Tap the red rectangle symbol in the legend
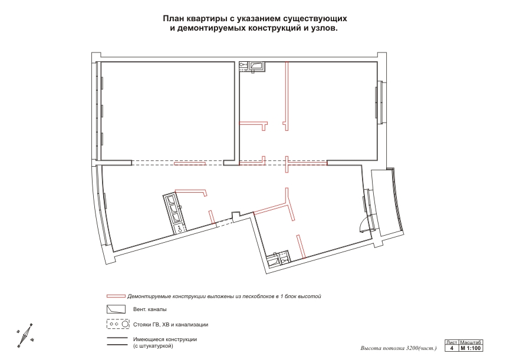click(x=116, y=296)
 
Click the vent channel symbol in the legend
click(x=116, y=309)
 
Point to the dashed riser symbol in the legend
click(x=118, y=324)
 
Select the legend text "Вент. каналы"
click(x=150, y=309)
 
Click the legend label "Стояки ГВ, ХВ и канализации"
click(x=170, y=325)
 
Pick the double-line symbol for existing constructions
click(x=117, y=341)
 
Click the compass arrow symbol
click(x=25, y=336)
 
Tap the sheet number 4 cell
click(x=452, y=348)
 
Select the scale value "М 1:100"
click(x=470, y=348)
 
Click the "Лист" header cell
click(x=452, y=342)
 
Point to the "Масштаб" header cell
click(x=470, y=342)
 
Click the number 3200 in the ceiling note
click(x=412, y=348)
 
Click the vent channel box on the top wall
click(x=257, y=66)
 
